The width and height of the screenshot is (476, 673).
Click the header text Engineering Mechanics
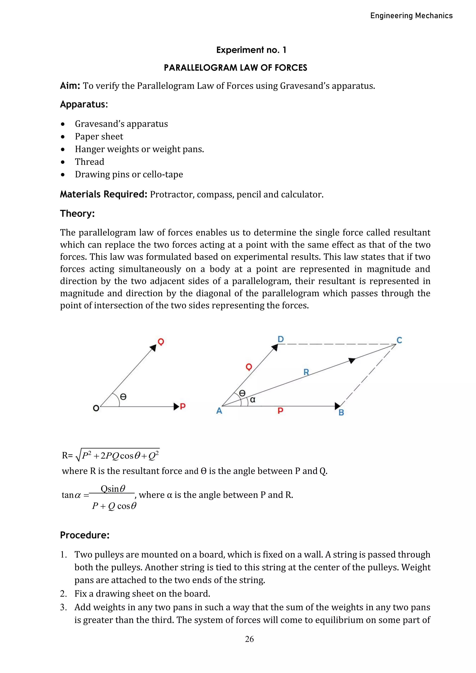[x=411, y=16]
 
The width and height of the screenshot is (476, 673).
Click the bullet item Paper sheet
[x=99, y=136]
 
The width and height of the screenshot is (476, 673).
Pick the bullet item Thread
[x=89, y=162]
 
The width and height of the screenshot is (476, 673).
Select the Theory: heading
[x=77, y=213]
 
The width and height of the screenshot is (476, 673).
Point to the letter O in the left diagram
[x=96, y=408]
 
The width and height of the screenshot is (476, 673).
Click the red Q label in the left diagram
[x=161, y=341]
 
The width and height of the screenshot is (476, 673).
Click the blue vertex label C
[x=399, y=340]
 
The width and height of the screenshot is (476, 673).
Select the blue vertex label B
[x=341, y=413]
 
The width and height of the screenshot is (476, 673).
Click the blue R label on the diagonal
[x=306, y=372]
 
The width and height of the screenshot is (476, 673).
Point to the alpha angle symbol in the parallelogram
[x=253, y=400]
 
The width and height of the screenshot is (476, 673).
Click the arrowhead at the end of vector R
[x=352, y=360]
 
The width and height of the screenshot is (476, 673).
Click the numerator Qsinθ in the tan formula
[x=113, y=489]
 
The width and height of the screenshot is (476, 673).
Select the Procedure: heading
[x=85, y=535]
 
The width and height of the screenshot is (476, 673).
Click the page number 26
[x=249, y=639]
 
